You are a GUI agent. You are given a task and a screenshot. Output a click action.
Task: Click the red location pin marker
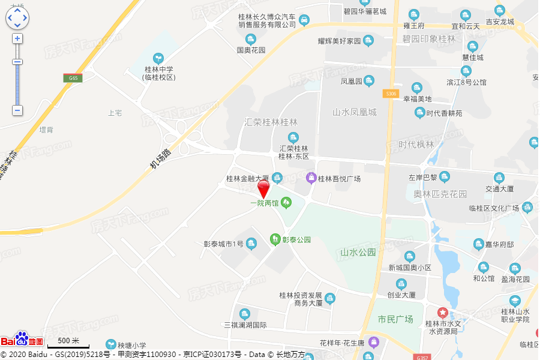tap(263, 189)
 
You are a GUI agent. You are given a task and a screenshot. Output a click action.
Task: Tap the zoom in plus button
tap(17, 38)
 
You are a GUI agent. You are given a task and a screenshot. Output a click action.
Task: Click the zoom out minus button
tap(17, 110)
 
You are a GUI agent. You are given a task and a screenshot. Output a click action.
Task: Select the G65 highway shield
tap(73, 78)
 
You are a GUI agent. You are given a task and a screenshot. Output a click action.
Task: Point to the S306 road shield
tap(391, 94)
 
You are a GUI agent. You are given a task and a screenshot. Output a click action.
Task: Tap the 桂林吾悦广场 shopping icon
tap(311, 178)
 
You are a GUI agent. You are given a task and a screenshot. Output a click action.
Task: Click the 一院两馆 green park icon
tap(286, 203)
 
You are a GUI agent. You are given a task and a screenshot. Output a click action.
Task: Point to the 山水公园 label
tap(358, 252)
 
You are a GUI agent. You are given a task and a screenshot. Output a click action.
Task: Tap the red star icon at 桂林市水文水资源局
tap(442, 313)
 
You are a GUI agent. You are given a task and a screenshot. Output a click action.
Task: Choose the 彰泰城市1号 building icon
tap(251, 243)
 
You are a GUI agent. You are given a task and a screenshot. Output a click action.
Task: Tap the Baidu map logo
tap(22, 340)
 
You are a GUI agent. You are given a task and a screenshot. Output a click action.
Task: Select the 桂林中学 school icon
tap(158, 58)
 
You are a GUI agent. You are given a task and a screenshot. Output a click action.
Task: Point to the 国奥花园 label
tap(251, 50)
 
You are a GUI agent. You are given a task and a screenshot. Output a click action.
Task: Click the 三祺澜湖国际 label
tap(245, 325)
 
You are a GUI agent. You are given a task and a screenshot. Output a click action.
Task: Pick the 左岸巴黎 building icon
tap(444, 177)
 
